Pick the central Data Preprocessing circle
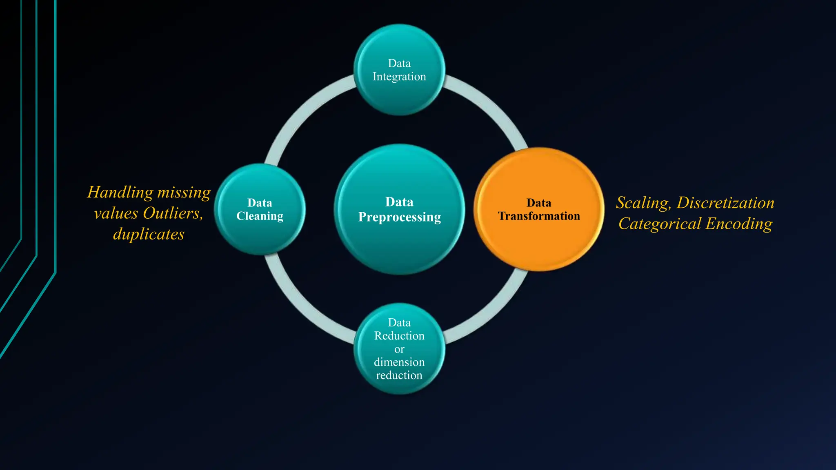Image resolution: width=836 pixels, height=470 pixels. (x=399, y=245)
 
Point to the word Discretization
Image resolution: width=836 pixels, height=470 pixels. (x=725, y=203)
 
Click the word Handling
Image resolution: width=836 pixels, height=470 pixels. (x=120, y=193)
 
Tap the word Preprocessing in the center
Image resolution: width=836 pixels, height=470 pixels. (x=399, y=217)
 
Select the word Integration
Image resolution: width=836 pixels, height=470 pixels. (x=399, y=77)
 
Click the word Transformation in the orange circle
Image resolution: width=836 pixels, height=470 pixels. (x=539, y=216)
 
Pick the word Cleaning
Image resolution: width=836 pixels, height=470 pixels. (x=260, y=216)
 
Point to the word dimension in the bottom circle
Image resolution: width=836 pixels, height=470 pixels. (x=399, y=362)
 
